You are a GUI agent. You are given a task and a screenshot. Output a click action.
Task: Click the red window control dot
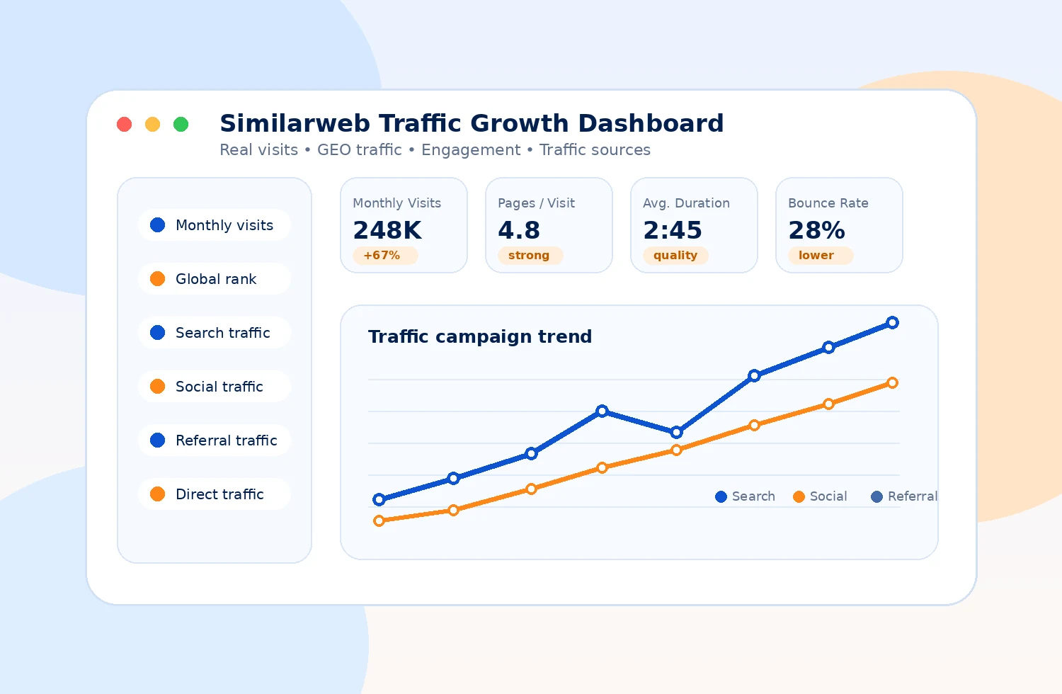coord(124,125)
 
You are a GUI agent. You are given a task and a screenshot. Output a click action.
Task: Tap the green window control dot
coord(181,125)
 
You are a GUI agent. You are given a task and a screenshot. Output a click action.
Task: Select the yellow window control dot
coord(152,125)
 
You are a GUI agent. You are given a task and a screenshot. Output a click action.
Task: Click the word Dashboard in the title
coord(651,123)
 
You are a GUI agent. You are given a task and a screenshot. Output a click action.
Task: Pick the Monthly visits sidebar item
coord(215,225)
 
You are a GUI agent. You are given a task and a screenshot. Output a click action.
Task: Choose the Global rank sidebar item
coord(215,279)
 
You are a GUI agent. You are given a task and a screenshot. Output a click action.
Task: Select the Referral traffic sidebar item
coord(215,440)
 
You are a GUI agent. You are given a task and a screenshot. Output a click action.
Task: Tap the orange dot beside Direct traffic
coord(157,494)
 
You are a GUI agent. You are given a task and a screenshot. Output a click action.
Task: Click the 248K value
coord(387,231)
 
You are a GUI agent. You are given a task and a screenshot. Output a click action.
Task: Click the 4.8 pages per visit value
coord(519,231)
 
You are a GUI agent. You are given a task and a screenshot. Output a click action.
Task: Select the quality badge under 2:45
coord(675,255)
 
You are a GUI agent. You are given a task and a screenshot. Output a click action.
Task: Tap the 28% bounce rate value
coord(816,231)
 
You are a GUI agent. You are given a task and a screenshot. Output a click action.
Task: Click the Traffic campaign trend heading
coord(480,337)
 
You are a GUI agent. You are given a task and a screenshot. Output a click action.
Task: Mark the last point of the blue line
coord(892,323)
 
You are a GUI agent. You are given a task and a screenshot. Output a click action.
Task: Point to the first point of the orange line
coord(379,521)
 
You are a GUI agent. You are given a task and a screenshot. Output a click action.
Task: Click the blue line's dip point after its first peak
coord(677,432)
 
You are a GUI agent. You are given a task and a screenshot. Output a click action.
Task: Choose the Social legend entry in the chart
coord(820,496)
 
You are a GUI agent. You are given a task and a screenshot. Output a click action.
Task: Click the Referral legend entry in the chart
coord(904,496)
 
